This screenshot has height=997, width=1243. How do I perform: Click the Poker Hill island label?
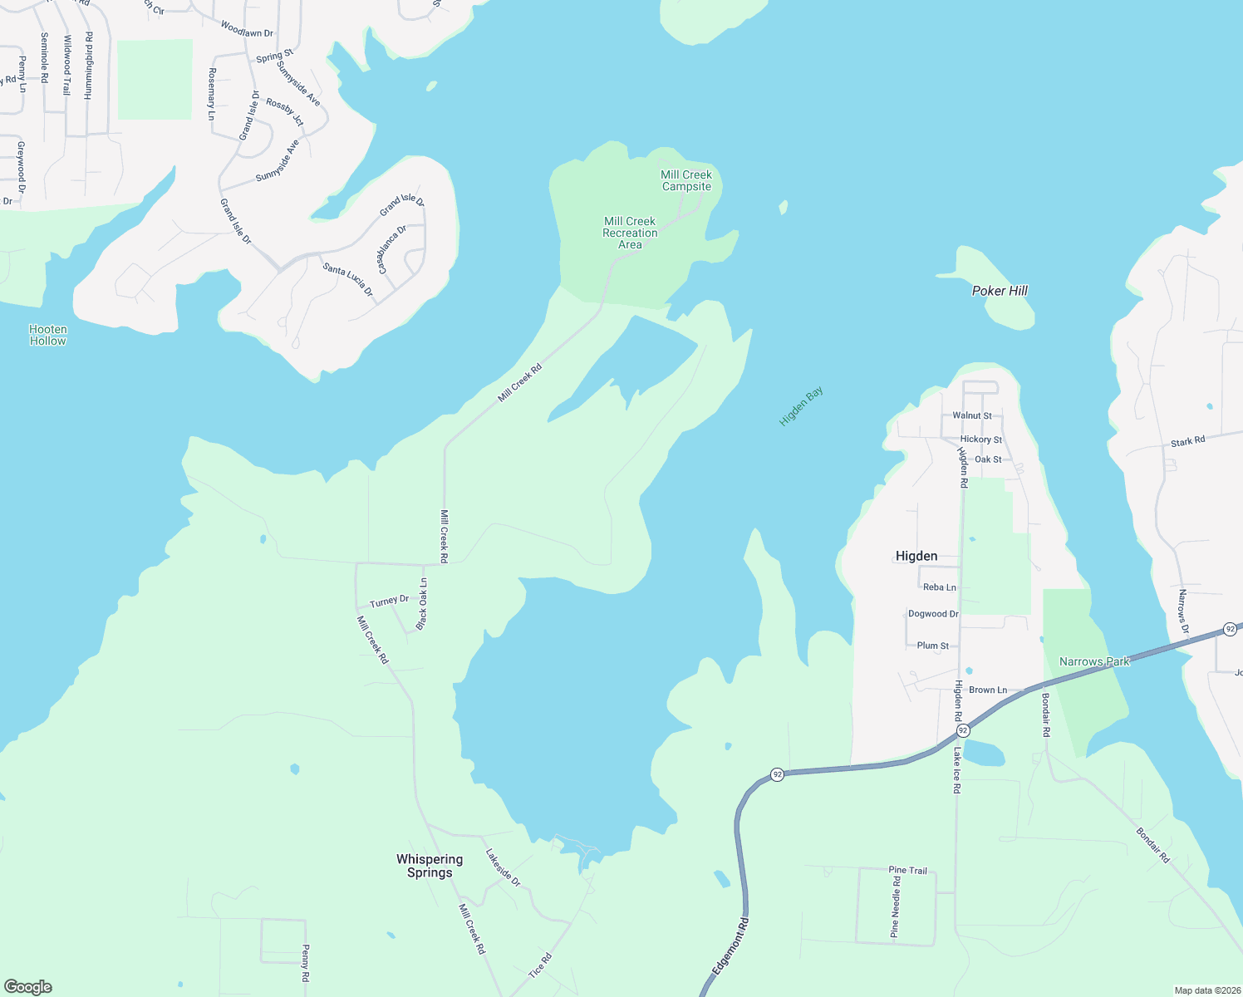pos(1000,291)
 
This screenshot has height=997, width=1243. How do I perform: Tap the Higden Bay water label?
pos(801,406)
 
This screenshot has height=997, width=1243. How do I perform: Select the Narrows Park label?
pos(1094,661)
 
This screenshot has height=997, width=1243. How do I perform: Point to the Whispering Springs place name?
pos(430,866)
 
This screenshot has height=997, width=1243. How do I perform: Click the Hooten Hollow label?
pos(47,335)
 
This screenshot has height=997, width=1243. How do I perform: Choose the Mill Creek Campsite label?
pos(686,180)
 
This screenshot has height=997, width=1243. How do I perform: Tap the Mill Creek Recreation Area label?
pos(630,233)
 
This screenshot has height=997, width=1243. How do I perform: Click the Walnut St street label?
pos(972,415)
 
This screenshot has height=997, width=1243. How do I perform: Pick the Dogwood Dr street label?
pos(933,614)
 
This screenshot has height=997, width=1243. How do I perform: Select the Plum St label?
pos(932,646)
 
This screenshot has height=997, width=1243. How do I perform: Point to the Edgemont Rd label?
pos(730,946)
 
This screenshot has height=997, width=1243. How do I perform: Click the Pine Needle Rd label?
pos(896,906)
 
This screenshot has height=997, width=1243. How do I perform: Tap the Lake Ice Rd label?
pos(957,770)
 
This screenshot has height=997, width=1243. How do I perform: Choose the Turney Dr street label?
pos(389,601)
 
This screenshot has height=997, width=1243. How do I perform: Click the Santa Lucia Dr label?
pos(347,279)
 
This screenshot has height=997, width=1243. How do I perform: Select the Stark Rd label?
pos(1187,442)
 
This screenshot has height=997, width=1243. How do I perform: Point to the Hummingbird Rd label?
pos(89,66)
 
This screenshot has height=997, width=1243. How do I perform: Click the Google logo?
pos(27,987)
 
